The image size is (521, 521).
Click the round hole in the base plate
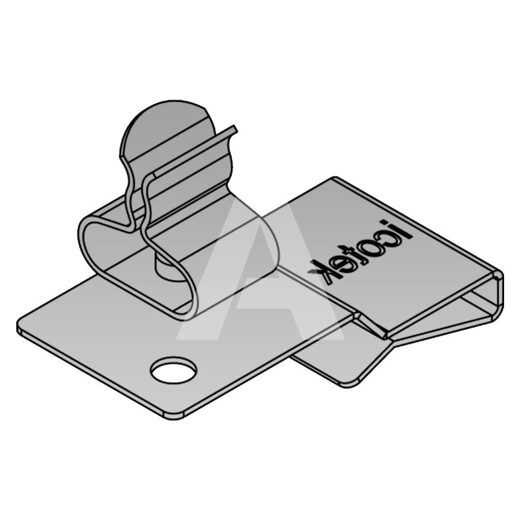(173, 370)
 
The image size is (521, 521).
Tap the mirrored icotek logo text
(360, 250)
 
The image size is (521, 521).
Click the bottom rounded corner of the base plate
(173, 416)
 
